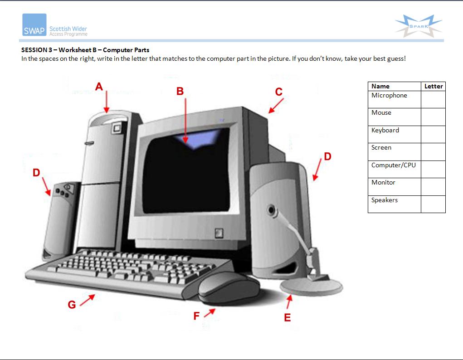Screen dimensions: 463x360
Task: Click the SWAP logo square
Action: coord(34,25)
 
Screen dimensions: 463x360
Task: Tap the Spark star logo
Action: coord(419,26)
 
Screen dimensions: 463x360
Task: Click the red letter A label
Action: coord(99,87)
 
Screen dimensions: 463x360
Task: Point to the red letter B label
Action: coord(180,91)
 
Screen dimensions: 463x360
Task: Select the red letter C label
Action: coord(279,92)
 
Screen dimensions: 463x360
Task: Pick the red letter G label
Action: coord(72,305)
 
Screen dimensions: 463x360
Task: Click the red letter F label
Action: coord(196,316)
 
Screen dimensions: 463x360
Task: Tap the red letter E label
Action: coord(288,317)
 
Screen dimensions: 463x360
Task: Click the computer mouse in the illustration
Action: coord(229,288)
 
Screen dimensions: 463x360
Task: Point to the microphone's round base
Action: coord(312,287)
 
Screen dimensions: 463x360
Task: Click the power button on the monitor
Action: coord(219,233)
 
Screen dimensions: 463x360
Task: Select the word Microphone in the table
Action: coord(389,95)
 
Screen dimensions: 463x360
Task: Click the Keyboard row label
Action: coord(385,130)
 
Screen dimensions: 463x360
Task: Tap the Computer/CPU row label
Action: coord(393,165)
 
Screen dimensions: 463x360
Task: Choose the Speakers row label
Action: coord(385,200)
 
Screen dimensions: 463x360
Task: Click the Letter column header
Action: coord(434,86)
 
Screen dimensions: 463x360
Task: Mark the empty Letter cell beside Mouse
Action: coord(433,117)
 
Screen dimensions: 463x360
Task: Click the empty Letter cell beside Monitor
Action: coord(433,187)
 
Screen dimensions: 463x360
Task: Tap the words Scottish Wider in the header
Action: coord(68,29)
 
